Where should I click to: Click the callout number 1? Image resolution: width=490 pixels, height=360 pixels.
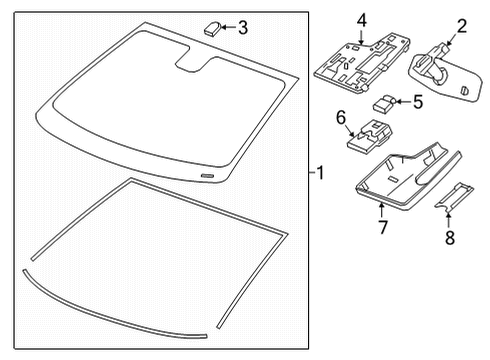tap(319, 172)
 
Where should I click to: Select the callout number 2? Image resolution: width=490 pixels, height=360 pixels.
tap(462, 27)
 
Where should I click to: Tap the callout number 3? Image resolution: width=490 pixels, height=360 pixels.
tap(242, 27)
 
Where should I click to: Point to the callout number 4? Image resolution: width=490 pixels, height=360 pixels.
tap(361, 19)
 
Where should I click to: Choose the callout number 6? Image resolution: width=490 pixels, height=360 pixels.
tap(341, 117)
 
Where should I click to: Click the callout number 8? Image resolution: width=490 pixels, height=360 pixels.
tap(448, 238)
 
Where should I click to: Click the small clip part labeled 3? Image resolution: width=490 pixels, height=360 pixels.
tap(213, 27)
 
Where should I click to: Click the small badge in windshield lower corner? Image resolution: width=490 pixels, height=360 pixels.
tap(207, 174)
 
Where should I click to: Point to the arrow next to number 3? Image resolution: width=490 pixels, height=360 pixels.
tap(228, 27)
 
